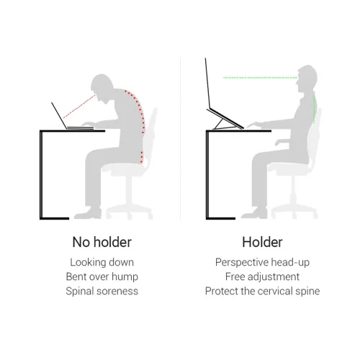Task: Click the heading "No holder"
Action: (x=102, y=242)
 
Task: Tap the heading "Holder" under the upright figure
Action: (x=262, y=242)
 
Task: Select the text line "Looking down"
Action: (x=102, y=262)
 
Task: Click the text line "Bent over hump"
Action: (x=102, y=276)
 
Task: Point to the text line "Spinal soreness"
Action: (x=102, y=291)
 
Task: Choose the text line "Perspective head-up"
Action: (x=262, y=262)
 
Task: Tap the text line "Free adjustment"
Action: (x=262, y=276)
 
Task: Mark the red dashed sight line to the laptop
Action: (x=79, y=107)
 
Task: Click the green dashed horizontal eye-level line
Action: (x=260, y=78)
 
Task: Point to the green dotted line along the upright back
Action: (x=314, y=108)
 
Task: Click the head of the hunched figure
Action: (x=102, y=86)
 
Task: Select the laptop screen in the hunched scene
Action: (x=59, y=116)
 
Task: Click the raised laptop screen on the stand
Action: (x=208, y=84)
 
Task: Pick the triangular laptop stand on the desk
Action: (x=225, y=120)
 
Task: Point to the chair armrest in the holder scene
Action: (x=283, y=142)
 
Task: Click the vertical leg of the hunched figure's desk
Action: (x=41, y=174)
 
